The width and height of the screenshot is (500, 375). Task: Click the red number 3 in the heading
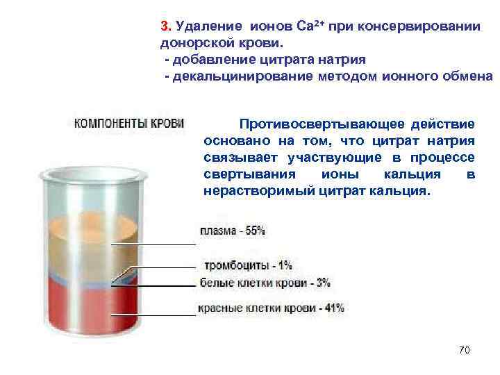(x=164, y=26)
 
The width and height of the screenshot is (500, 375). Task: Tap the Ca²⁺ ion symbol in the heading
(x=307, y=26)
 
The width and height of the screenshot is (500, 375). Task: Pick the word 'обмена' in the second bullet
(x=467, y=75)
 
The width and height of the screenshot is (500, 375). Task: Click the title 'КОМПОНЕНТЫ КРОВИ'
(x=129, y=124)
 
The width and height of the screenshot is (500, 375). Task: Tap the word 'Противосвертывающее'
(x=310, y=124)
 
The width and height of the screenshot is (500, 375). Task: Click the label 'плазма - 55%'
(x=233, y=230)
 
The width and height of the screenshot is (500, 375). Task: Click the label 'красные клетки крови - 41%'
(x=272, y=307)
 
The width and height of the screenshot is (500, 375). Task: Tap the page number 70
(x=465, y=350)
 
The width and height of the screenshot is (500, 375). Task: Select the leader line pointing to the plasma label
(x=153, y=244)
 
